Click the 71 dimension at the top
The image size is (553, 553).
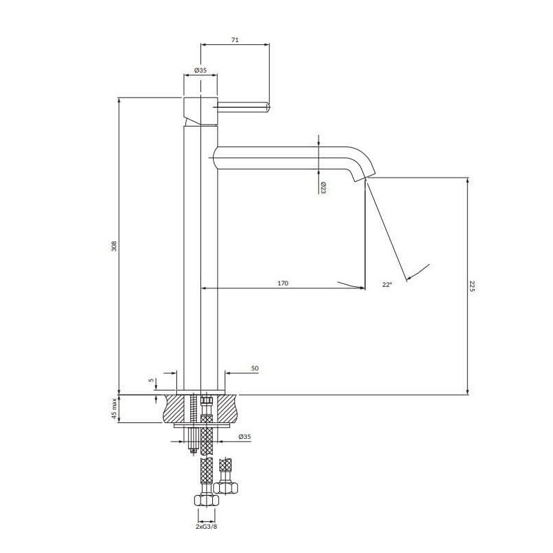coord(235,40)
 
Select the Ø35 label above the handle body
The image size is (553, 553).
coord(200,71)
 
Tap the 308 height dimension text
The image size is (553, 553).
coord(113,246)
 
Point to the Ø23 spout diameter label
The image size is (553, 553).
coord(323,187)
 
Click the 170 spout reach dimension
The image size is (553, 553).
coord(283,283)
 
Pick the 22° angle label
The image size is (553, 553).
coord(387,284)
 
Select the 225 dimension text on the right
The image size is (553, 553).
coord(473,286)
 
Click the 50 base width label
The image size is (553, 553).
coord(254,368)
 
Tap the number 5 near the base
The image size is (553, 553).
coord(151,380)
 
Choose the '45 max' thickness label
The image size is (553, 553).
coord(113,408)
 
